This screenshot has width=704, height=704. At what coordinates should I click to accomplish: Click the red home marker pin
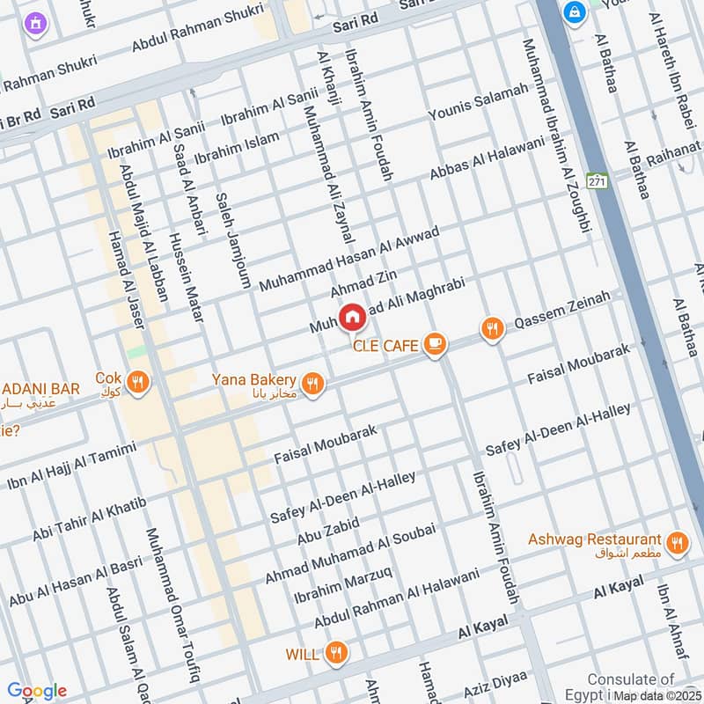tap(352, 316)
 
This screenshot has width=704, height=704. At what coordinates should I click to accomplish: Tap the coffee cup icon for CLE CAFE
tap(434, 345)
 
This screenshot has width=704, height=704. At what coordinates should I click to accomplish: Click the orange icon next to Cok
tap(137, 382)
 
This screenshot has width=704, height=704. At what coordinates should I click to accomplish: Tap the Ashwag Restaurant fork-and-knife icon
tap(677, 543)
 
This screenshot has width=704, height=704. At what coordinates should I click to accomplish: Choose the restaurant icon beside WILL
tap(334, 653)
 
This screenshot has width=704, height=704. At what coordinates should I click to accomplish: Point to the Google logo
tap(36, 691)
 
